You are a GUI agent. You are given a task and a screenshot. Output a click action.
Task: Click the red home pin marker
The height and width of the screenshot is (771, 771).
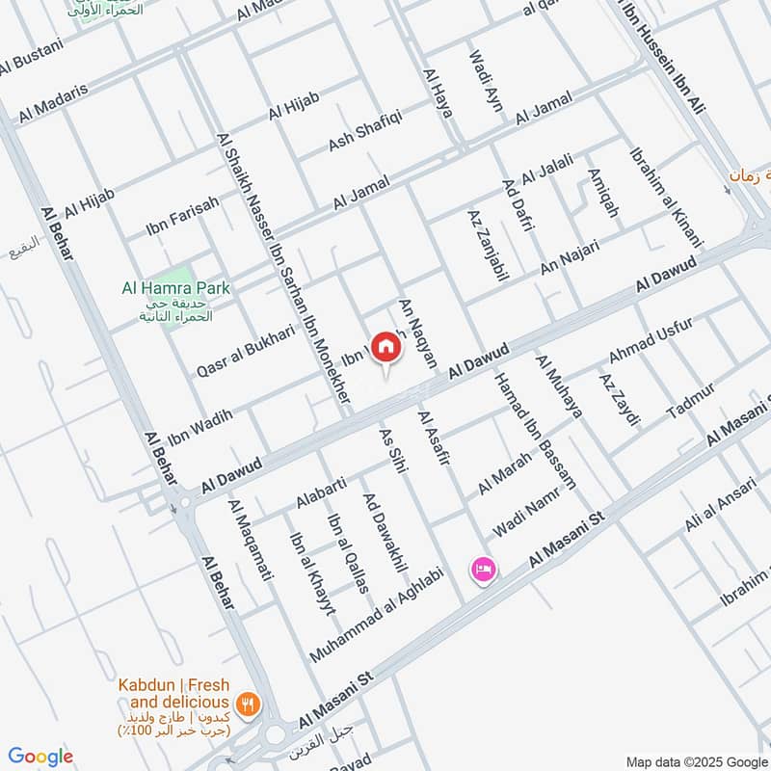(x=385, y=347)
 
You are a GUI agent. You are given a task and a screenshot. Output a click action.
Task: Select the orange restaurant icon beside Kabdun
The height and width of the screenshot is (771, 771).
(x=249, y=705)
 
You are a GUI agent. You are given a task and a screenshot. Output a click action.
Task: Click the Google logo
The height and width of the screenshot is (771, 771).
(x=40, y=757)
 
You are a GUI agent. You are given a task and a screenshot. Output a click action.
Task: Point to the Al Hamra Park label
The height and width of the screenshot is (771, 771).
(x=176, y=287)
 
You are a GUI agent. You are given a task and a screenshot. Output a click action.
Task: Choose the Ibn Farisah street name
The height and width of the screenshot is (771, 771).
(x=182, y=214)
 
